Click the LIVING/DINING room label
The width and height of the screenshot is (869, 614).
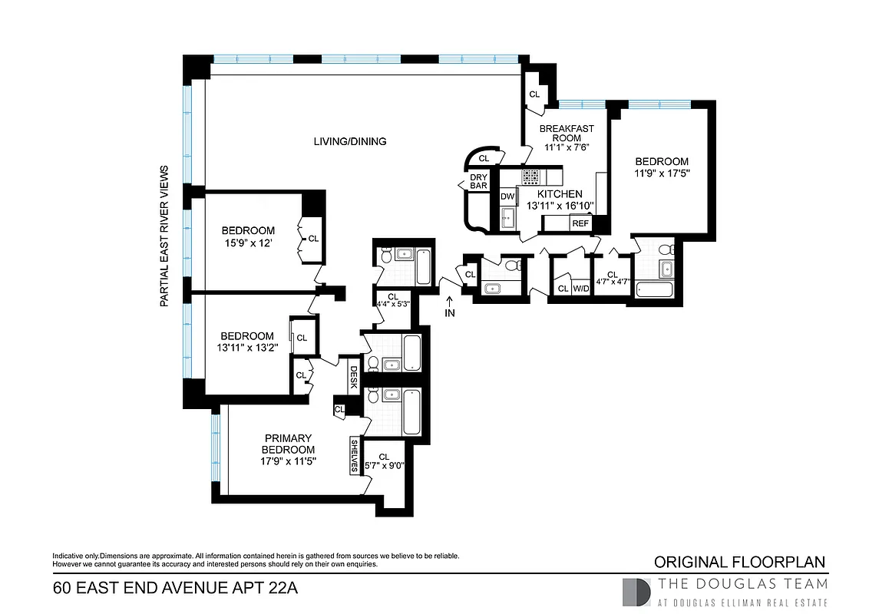(x=350, y=141)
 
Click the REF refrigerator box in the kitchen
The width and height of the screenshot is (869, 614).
(x=580, y=223)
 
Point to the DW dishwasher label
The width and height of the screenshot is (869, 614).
(x=507, y=196)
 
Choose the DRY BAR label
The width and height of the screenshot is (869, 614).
(x=479, y=181)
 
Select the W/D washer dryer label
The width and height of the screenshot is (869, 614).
(x=581, y=289)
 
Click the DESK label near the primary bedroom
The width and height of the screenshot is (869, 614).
(x=353, y=376)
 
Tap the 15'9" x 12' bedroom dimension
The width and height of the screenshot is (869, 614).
(x=248, y=243)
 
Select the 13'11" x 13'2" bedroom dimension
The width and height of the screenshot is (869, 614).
(x=247, y=348)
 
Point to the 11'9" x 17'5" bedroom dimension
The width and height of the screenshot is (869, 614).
(x=662, y=173)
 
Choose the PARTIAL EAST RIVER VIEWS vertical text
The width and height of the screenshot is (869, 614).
(x=164, y=236)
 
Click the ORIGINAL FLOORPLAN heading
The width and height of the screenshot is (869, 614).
(x=739, y=562)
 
